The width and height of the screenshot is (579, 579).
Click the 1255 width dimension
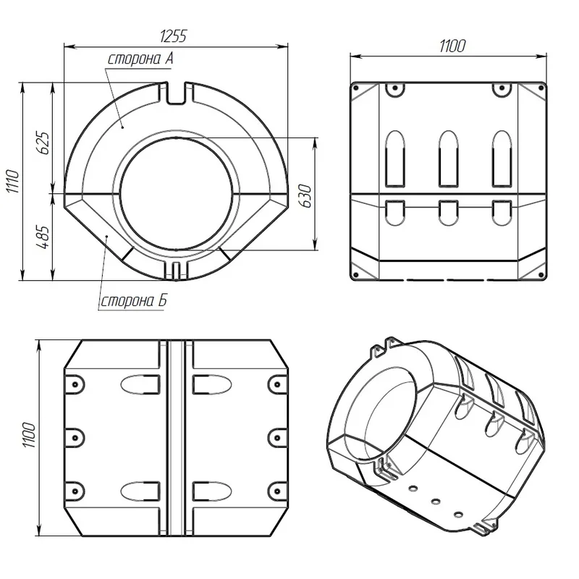point(174,36)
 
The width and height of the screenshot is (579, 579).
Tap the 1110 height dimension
point(13,182)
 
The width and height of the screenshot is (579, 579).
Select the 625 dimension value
point(43,143)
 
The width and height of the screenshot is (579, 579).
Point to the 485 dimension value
point(43,237)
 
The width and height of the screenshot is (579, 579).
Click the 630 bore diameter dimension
point(305,195)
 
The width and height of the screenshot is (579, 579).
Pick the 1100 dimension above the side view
point(452,46)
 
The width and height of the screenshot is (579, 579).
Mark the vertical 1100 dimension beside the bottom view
point(30,436)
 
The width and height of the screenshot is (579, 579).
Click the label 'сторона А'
point(140,59)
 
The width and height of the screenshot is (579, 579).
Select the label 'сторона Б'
point(134,301)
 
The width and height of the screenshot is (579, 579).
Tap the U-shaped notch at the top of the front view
point(177,94)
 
